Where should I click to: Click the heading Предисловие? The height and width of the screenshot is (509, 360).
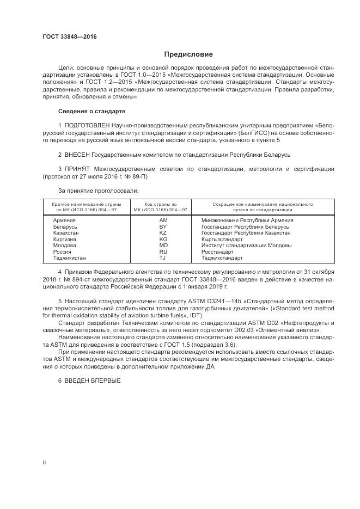tap(189, 54)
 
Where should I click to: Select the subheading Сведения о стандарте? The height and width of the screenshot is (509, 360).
tap(91, 111)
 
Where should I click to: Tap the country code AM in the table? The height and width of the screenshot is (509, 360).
tap(162, 220)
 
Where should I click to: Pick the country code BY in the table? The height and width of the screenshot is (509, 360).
tap(162, 226)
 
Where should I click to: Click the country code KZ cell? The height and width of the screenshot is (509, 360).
tap(162, 232)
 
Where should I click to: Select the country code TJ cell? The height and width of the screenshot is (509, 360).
tap(162, 258)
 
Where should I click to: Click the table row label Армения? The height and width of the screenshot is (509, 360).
tap(64, 220)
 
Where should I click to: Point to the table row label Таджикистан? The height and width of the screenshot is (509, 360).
tap(70, 258)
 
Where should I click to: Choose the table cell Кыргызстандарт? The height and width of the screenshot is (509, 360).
tap(222, 239)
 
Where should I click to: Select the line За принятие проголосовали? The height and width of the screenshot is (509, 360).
tap(98, 191)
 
